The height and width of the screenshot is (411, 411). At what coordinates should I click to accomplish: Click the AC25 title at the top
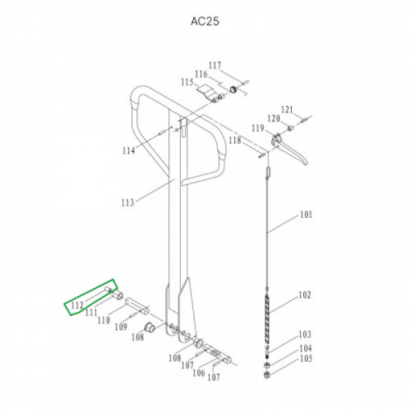click(x=205, y=21)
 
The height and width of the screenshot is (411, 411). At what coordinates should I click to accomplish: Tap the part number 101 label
click(x=306, y=214)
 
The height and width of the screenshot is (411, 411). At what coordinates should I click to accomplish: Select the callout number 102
click(x=305, y=295)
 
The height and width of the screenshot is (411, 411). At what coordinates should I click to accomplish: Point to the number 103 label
click(x=305, y=334)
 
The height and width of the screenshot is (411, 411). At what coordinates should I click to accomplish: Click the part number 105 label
click(x=306, y=358)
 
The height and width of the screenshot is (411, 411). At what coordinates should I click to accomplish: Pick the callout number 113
click(x=127, y=202)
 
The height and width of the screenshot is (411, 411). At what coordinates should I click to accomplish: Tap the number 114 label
click(x=129, y=151)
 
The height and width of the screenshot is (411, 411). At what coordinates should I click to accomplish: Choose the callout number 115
click(x=187, y=82)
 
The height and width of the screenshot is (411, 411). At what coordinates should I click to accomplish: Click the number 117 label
click(x=215, y=65)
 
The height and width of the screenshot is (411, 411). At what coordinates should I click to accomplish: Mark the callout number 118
click(x=234, y=140)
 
